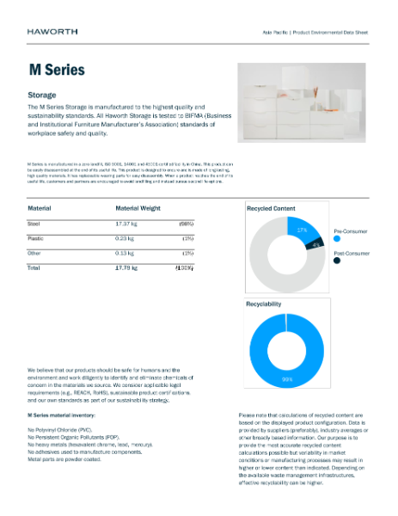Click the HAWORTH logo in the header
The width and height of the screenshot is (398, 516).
[x=52, y=31]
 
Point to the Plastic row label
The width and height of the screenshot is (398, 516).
[x=38, y=237]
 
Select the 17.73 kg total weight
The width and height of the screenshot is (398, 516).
[x=128, y=268]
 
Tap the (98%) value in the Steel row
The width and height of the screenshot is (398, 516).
[x=186, y=223]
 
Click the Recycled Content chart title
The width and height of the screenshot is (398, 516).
[x=271, y=208]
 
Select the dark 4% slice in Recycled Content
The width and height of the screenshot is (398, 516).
[x=315, y=245]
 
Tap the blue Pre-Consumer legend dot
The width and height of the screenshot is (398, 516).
[x=337, y=241]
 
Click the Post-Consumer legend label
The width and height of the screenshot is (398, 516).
[x=351, y=254]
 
